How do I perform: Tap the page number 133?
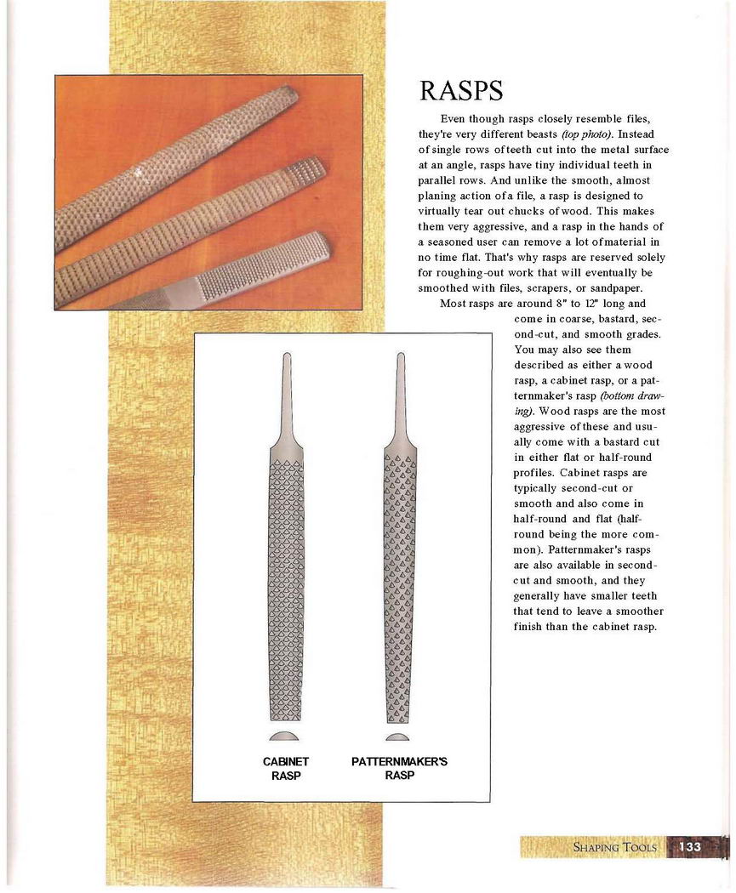tap(690, 847)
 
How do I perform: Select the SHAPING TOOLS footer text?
tap(614, 848)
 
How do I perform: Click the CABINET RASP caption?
tap(286, 768)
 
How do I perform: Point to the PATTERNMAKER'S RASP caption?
tap(399, 768)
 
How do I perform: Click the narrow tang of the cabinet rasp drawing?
tap(286, 391)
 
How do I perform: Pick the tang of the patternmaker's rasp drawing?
tap(399, 391)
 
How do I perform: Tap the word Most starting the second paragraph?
tap(454, 304)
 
